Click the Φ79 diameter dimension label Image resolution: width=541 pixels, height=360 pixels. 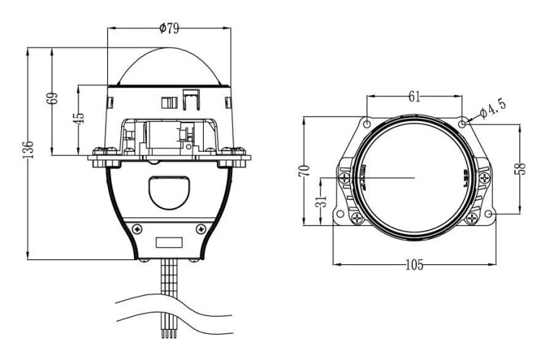169,28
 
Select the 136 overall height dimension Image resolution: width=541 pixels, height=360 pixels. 28,149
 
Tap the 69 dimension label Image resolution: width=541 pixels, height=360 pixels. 52,98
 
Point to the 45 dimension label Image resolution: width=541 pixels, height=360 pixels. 79,118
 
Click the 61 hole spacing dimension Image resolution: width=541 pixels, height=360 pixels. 414,96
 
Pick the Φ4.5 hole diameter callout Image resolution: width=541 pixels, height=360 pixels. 493,108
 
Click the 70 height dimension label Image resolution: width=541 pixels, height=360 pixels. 304,171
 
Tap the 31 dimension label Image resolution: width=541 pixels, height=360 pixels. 321,201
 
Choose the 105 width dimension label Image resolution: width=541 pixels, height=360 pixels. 414,265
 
